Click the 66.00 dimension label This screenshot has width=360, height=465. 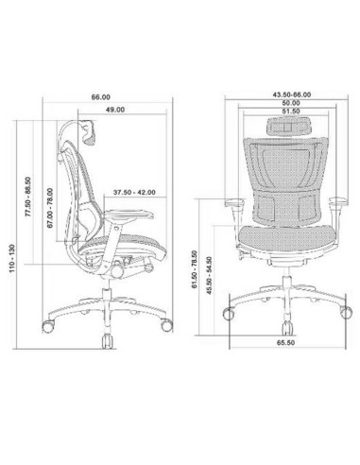(x=100, y=95)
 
